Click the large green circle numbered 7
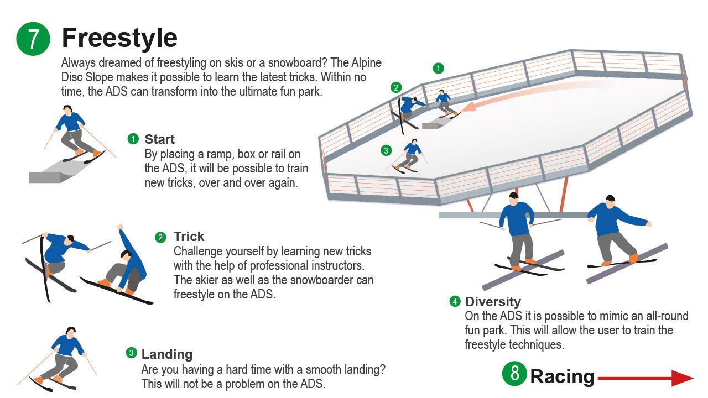tap(33, 39)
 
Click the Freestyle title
tap(119, 38)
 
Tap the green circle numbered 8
tap(514, 374)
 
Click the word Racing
tap(562, 376)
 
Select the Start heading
tap(159, 139)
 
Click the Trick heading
tap(189, 237)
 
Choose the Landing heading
tap(167, 354)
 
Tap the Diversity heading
tap(493, 302)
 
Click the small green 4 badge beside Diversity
tap(455, 301)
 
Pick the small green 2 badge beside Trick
tap(160, 238)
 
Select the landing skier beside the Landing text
tap(61, 357)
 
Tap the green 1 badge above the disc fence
tap(438, 69)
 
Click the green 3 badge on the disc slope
tap(386, 150)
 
